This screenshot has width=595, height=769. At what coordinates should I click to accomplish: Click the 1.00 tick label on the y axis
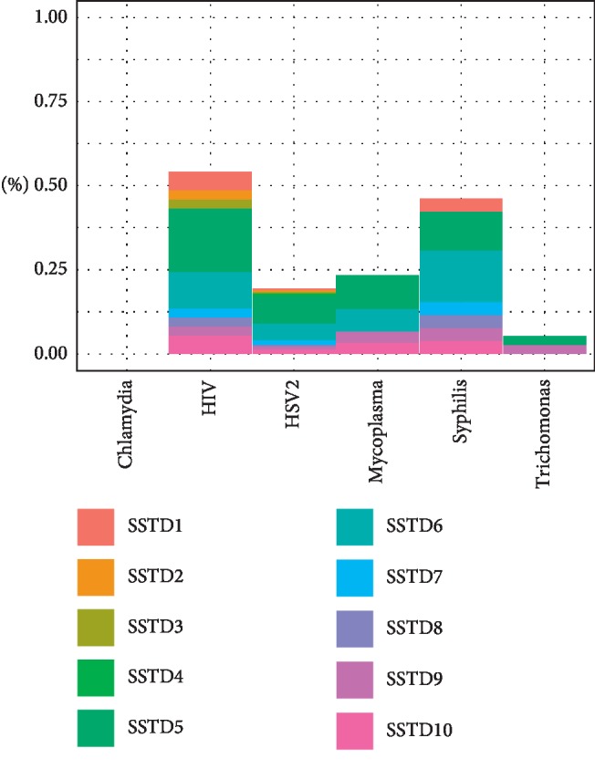tap(50, 17)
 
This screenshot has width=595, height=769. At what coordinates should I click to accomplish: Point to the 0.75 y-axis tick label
tap(50, 101)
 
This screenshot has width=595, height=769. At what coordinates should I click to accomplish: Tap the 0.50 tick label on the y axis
tap(50, 185)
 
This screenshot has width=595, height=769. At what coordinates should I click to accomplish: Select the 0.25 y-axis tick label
tap(50, 269)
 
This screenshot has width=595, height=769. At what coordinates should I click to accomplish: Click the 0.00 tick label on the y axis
tap(50, 353)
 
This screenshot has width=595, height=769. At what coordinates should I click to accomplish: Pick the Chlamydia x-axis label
tap(127, 424)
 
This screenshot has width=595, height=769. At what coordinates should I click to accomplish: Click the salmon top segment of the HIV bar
tap(210, 181)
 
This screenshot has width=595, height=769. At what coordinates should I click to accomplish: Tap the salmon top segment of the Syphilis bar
tap(461, 204)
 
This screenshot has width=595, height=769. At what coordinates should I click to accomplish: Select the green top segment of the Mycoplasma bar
tap(377, 291)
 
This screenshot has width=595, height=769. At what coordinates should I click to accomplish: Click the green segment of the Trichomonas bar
tap(544, 340)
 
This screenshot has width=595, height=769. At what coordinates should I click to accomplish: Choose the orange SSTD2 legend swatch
tap(95, 577)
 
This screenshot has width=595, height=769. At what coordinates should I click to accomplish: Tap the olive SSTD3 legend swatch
tap(95, 628)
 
